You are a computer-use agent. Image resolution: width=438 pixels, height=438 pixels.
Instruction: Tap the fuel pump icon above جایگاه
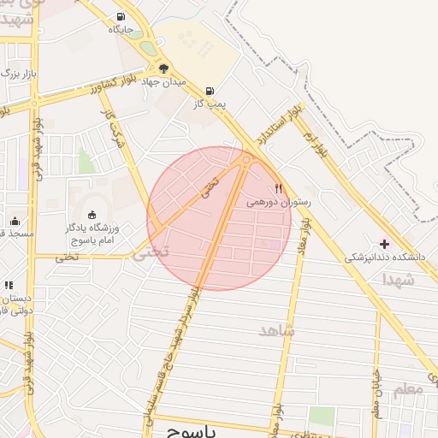point(120,15)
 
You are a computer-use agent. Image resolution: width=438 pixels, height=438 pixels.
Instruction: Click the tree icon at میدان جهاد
point(163,68)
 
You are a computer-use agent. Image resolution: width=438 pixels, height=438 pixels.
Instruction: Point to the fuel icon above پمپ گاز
point(210,91)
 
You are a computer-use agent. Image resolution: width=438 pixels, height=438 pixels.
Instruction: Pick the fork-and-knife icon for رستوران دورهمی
point(278,188)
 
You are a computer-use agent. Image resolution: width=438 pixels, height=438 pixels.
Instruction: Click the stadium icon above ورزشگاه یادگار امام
point(92,214)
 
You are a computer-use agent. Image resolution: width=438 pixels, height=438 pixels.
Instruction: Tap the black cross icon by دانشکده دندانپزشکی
point(384,244)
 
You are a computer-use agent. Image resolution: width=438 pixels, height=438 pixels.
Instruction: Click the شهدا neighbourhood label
point(400,279)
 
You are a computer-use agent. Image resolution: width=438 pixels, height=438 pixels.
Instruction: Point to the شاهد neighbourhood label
point(275,329)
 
